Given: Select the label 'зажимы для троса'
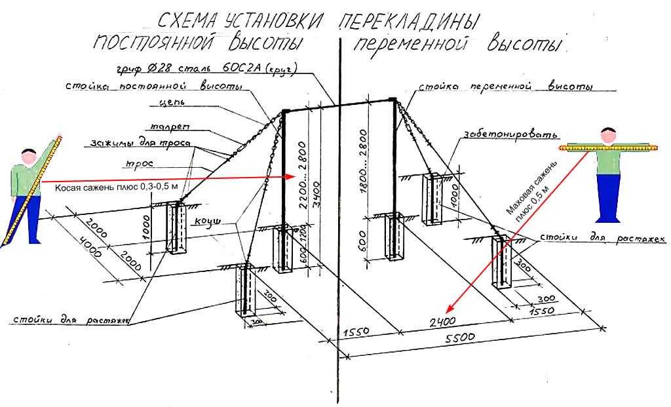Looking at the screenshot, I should tap(140, 144).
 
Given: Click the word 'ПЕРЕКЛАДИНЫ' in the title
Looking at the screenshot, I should tap(407, 21).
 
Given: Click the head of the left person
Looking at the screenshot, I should tap(28, 158).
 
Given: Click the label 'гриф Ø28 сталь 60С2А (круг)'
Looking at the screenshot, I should tap(207, 68).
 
